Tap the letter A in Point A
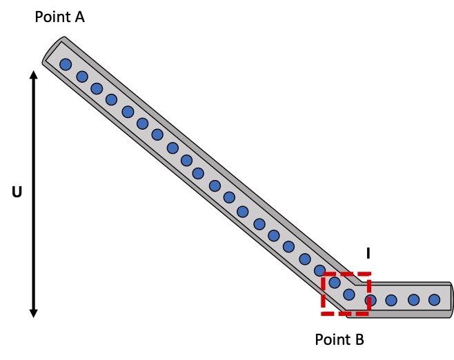[x=79, y=17]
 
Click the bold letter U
[x=17, y=193]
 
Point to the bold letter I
[x=368, y=254]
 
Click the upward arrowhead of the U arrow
[x=33, y=73]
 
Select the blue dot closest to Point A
[x=66, y=65]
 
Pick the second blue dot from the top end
[x=81, y=77]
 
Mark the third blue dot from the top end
[x=97, y=88]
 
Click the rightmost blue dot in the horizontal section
[x=434, y=299]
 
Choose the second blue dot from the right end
[x=413, y=299]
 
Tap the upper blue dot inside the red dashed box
[x=335, y=281]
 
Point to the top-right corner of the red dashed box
[x=369, y=274]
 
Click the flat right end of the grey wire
[x=451, y=299]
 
